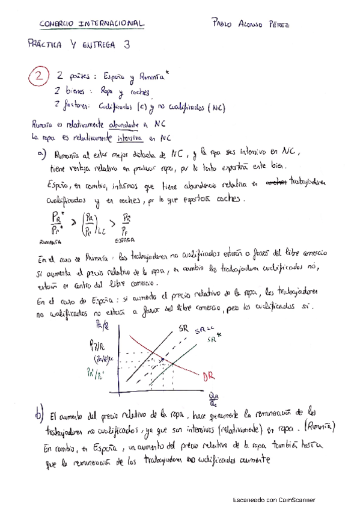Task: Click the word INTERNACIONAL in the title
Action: (x=111, y=23)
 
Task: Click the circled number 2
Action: (x=38, y=77)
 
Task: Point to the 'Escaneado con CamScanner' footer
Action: (x=273, y=500)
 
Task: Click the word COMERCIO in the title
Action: (x=56, y=23)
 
